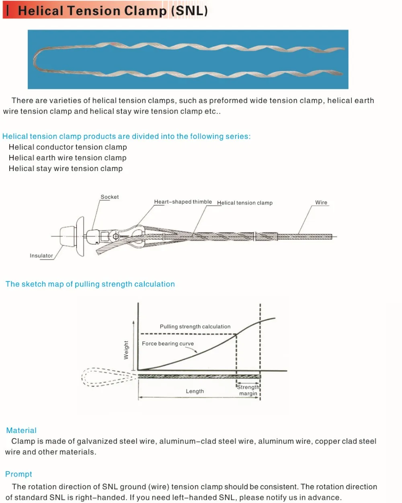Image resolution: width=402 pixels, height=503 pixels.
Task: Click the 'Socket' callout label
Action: (x=109, y=197)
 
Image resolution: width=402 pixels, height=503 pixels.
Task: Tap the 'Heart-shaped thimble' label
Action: (x=183, y=202)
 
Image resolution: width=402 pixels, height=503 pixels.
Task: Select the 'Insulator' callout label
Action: (x=41, y=256)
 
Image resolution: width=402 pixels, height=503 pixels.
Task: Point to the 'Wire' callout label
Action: (x=321, y=202)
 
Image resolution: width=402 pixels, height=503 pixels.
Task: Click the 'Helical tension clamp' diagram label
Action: (x=245, y=203)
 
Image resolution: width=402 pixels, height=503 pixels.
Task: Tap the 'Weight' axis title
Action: (x=126, y=350)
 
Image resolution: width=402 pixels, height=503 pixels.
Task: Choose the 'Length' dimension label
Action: (x=195, y=391)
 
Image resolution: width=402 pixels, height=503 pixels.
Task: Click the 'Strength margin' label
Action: (x=248, y=390)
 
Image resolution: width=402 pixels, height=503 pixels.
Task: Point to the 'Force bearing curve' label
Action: (x=168, y=344)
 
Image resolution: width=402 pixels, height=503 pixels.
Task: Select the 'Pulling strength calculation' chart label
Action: (x=195, y=326)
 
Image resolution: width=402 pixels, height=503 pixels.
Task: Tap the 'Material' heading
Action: (x=21, y=430)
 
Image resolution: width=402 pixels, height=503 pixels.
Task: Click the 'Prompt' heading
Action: (x=18, y=474)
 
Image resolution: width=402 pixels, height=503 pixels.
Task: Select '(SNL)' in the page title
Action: (x=189, y=10)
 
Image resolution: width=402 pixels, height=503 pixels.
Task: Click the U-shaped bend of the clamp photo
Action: (x=37, y=61)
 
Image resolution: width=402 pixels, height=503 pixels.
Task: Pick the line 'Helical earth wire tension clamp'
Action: (x=68, y=158)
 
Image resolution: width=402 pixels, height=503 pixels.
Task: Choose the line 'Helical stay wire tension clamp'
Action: (x=66, y=169)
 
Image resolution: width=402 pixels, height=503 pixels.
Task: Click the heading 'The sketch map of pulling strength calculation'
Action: (x=90, y=284)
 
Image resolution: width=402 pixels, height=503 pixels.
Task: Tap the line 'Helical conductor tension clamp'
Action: (x=68, y=147)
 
